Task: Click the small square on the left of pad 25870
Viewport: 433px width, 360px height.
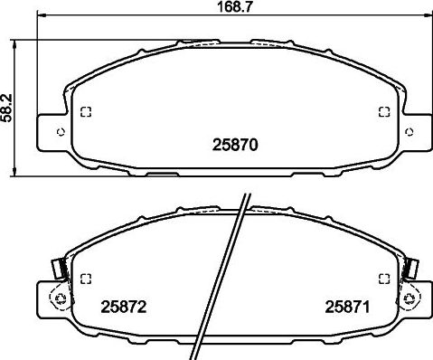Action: tap(87, 112)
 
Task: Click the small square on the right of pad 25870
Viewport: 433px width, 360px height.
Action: tap(382, 112)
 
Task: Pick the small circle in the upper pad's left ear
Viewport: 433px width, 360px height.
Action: tap(61, 131)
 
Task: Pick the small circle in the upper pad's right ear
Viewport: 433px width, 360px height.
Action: tap(409, 132)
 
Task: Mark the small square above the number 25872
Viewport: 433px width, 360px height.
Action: tap(87, 278)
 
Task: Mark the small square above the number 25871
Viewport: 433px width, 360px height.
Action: tap(382, 278)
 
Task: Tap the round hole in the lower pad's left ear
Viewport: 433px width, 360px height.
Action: tap(61, 298)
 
